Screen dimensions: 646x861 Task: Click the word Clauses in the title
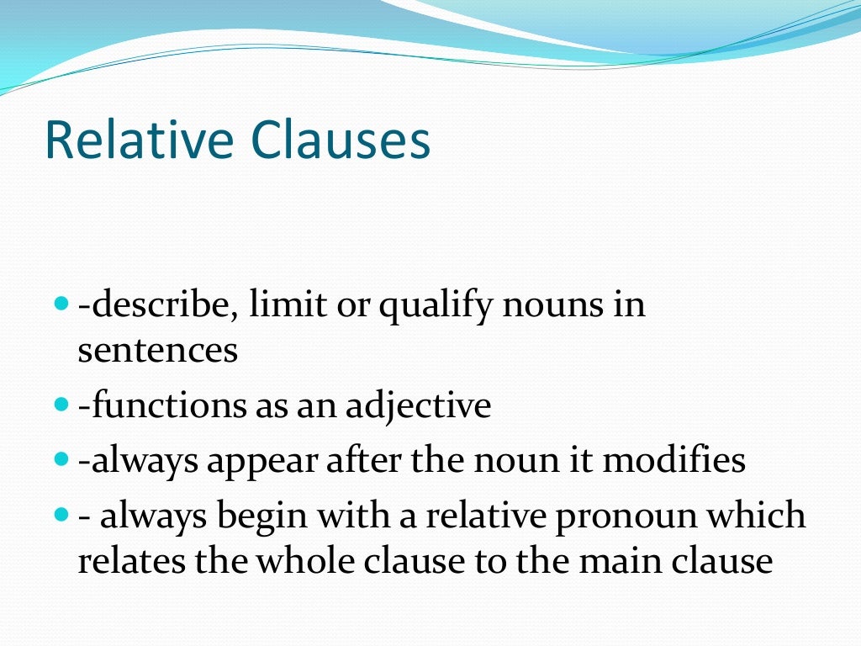coord(341,141)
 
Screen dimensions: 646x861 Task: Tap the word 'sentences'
coord(158,350)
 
